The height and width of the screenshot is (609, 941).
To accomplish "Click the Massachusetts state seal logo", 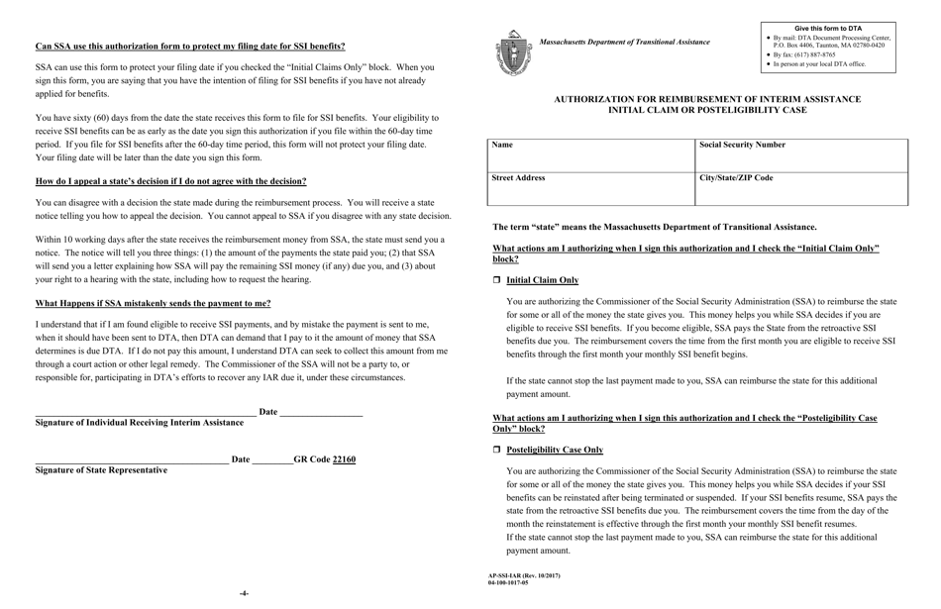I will click(x=513, y=52).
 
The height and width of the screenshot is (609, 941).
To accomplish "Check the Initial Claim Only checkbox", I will click(x=497, y=281).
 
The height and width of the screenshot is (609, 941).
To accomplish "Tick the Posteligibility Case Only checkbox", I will click(x=497, y=451).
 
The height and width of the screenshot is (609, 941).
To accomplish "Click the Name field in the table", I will click(x=592, y=154).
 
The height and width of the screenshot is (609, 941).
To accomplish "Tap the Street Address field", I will click(x=592, y=188).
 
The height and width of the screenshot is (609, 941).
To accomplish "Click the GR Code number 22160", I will click(x=344, y=459).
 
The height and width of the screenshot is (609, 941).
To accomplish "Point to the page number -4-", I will click(x=244, y=593).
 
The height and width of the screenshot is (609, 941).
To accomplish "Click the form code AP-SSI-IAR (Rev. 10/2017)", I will click(x=523, y=575).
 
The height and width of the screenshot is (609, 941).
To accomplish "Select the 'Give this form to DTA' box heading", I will click(x=828, y=29).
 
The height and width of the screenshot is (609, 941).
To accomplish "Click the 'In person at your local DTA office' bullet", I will click(x=819, y=64).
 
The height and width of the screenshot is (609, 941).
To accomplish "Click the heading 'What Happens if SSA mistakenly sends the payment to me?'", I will click(x=153, y=304).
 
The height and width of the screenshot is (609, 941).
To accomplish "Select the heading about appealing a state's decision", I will click(x=170, y=181).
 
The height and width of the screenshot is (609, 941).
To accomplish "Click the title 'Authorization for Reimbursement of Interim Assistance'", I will click(x=706, y=100).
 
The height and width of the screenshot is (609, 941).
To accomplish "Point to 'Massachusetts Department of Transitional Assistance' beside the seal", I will click(x=624, y=43).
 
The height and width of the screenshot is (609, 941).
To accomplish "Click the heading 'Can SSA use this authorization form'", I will click(x=190, y=47).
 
